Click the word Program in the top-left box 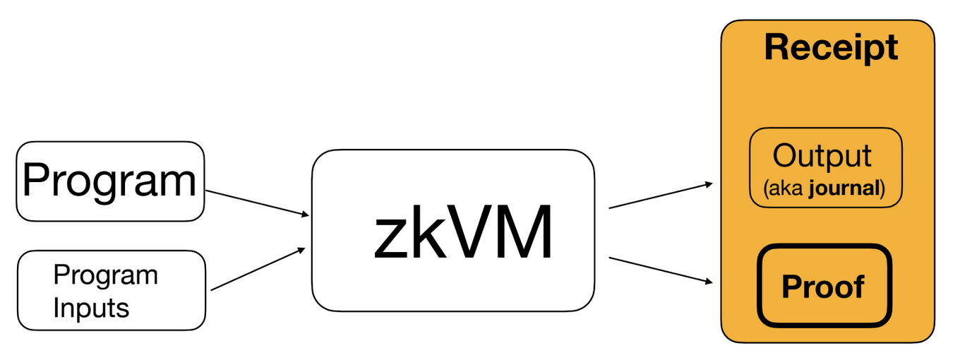point(109,180)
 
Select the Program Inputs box point(111,290)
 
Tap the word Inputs point(91,308)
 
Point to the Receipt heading point(831,48)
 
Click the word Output point(822,156)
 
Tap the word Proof point(822,287)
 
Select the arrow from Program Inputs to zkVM point(258,269)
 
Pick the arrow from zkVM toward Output point(659,196)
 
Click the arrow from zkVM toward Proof point(659,270)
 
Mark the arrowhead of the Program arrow point(305,215)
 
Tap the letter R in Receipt point(776,48)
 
